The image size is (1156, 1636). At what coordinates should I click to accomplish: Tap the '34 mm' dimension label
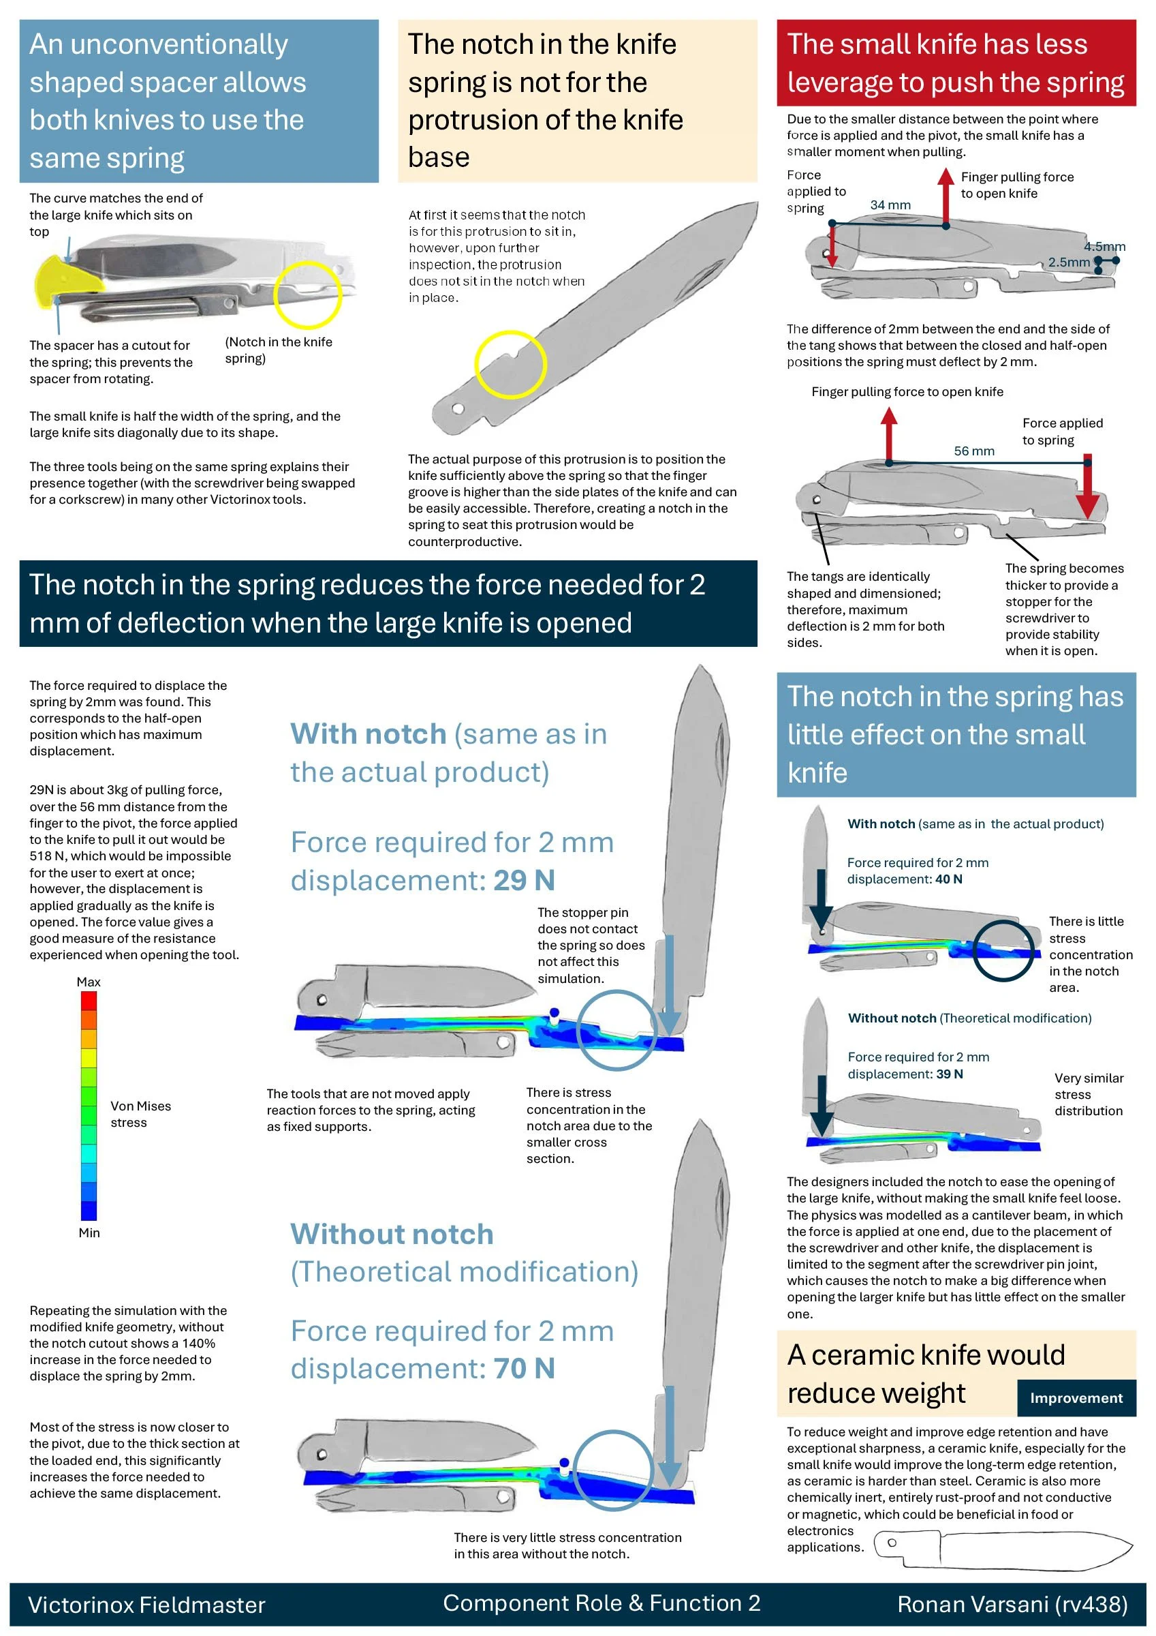tap(890, 205)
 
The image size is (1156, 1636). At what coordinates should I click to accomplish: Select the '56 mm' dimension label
tap(973, 451)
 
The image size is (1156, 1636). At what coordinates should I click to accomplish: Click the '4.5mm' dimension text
tap(1104, 247)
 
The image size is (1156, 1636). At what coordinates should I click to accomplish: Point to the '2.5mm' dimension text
tap(1068, 262)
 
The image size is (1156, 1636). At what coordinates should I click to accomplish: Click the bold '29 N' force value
tap(525, 880)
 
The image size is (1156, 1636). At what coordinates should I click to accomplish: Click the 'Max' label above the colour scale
tap(89, 982)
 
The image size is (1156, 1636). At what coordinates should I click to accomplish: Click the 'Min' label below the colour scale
tap(89, 1232)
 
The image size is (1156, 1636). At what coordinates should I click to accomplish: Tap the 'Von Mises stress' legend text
tap(140, 1115)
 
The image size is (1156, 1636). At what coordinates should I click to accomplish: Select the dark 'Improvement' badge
tap(1076, 1398)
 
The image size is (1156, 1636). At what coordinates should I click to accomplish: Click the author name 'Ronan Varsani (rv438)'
tap(1012, 1604)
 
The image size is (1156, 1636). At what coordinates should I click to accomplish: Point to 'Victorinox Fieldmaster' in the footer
tap(146, 1605)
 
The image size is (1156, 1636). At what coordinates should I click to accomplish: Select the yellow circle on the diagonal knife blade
tap(510, 364)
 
